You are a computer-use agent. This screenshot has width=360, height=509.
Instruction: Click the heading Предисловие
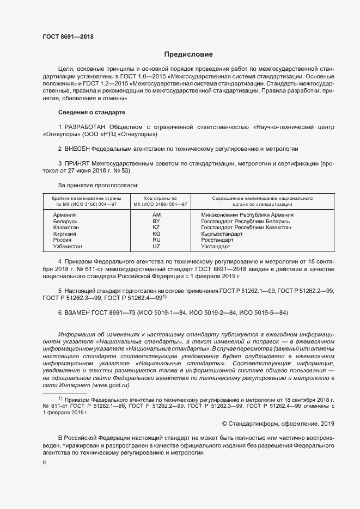coord(188,54)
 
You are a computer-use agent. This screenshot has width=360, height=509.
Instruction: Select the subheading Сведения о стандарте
coord(91,112)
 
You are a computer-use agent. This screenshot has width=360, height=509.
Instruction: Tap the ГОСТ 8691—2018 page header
coord(68,36)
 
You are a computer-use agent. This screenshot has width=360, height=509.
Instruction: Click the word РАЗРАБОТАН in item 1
coord(87,126)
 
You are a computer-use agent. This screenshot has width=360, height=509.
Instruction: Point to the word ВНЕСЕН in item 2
coord(77,148)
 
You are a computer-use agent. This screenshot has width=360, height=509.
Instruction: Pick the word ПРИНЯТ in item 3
coord(78,163)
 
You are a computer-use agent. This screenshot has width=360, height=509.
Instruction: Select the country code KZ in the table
coord(156,228)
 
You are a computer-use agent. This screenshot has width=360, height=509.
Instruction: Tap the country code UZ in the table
coord(156,246)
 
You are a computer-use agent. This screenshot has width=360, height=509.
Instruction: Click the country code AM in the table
coord(156,215)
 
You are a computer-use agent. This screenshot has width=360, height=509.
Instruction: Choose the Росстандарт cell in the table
coord(217,240)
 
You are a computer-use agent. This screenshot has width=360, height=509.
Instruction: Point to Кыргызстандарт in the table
coord(222,234)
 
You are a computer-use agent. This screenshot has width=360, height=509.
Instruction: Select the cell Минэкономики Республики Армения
coord(247,215)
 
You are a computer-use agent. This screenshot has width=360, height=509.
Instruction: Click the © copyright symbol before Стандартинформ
coord(225,423)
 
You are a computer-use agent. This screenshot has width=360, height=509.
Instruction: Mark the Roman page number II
coord(45,462)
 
